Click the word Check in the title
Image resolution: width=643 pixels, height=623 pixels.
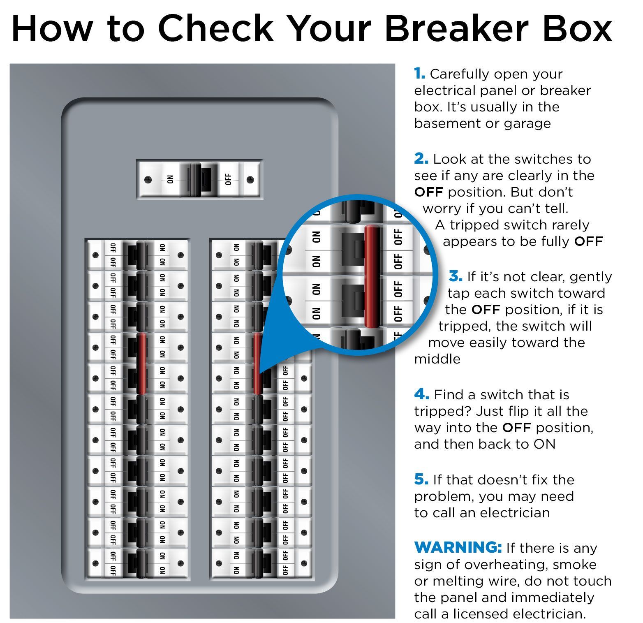[x=215, y=28]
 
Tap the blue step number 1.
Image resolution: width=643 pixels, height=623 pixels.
[x=419, y=74]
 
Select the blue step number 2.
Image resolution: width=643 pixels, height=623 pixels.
[x=421, y=159]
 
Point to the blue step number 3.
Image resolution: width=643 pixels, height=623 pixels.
[x=456, y=276]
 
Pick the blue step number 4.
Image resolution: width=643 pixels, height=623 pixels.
[x=422, y=394]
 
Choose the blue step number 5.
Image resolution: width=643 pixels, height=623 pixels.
[x=421, y=479]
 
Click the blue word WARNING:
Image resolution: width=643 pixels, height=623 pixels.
[x=458, y=548]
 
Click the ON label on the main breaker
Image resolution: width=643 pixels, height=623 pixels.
[x=170, y=180]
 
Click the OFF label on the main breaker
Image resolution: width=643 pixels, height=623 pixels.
[x=228, y=180]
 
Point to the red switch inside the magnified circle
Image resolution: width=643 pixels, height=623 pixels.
[x=372, y=276]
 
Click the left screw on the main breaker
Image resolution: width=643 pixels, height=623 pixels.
[x=148, y=180]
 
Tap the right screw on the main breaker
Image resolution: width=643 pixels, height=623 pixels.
[x=250, y=180]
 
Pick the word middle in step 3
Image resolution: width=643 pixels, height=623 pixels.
[x=437, y=359]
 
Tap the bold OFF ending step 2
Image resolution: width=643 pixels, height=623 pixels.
[x=588, y=241]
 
